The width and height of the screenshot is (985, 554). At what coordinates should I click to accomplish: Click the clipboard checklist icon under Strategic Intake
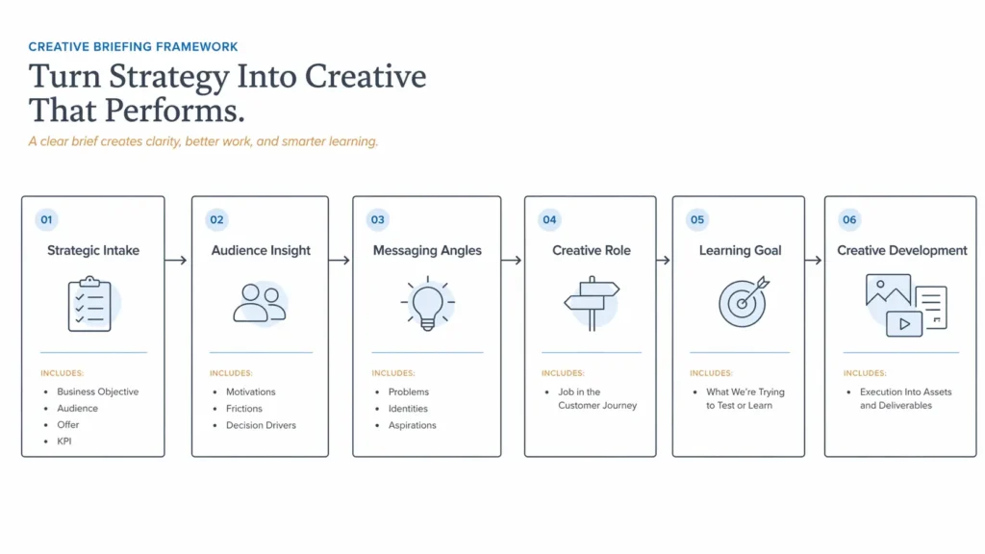click(x=89, y=304)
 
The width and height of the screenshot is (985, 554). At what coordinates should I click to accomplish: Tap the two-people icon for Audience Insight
click(x=259, y=302)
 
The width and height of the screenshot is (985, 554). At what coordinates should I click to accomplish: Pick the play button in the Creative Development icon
click(x=904, y=324)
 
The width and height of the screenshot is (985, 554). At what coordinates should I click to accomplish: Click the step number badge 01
click(x=46, y=220)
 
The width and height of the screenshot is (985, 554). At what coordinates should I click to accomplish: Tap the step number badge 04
click(x=549, y=220)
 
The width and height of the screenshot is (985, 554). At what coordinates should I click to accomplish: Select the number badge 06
click(x=849, y=220)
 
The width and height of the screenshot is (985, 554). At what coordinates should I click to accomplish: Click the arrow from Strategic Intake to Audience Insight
click(x=177, y=260)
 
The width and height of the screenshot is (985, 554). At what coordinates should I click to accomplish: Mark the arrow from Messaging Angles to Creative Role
click(x=512, y=260)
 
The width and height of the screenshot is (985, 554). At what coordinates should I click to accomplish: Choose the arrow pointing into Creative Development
click(x=813, y=260)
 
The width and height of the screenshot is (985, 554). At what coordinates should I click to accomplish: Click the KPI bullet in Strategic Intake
click(x=64, y=441)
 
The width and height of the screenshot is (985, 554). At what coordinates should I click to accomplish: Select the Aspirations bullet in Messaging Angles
click(x=412, y=425)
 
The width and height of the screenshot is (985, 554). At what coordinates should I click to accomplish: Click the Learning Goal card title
click(x=739, y=251)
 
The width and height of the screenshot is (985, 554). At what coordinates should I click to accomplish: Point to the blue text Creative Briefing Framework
click(x=133, y=46)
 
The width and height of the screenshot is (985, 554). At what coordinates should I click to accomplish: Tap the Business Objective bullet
click(x=97, y=392)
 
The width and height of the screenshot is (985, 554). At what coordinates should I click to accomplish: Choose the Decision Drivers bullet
click(x=261, y=425)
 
